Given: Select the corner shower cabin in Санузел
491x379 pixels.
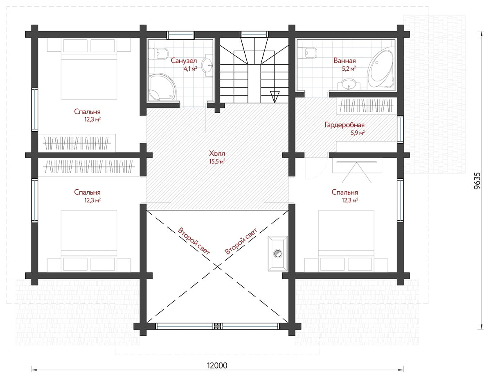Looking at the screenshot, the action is point(162,87).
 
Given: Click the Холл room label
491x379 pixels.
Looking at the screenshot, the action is point(217,153).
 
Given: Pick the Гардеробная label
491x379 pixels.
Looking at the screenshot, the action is point(345,125).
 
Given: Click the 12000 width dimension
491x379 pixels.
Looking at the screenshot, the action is point(217,366).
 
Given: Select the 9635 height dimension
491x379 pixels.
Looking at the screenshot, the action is point(477,181).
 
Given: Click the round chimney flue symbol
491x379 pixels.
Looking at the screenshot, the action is point(278,253).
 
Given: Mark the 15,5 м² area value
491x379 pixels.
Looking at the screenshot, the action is point(217,161).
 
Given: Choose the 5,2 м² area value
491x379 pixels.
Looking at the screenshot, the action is point(349,68).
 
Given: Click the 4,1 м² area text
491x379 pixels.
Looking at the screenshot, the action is point(191,68).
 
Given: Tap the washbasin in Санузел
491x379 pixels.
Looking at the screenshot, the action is point(207,65).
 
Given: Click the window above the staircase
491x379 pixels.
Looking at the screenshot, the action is point(255,34).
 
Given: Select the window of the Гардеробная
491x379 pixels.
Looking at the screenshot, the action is point(400,129).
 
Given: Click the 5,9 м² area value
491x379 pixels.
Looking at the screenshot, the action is point(358,133).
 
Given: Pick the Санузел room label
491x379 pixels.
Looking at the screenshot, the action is point(184,61).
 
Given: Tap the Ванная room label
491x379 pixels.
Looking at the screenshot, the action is point(345,61).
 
